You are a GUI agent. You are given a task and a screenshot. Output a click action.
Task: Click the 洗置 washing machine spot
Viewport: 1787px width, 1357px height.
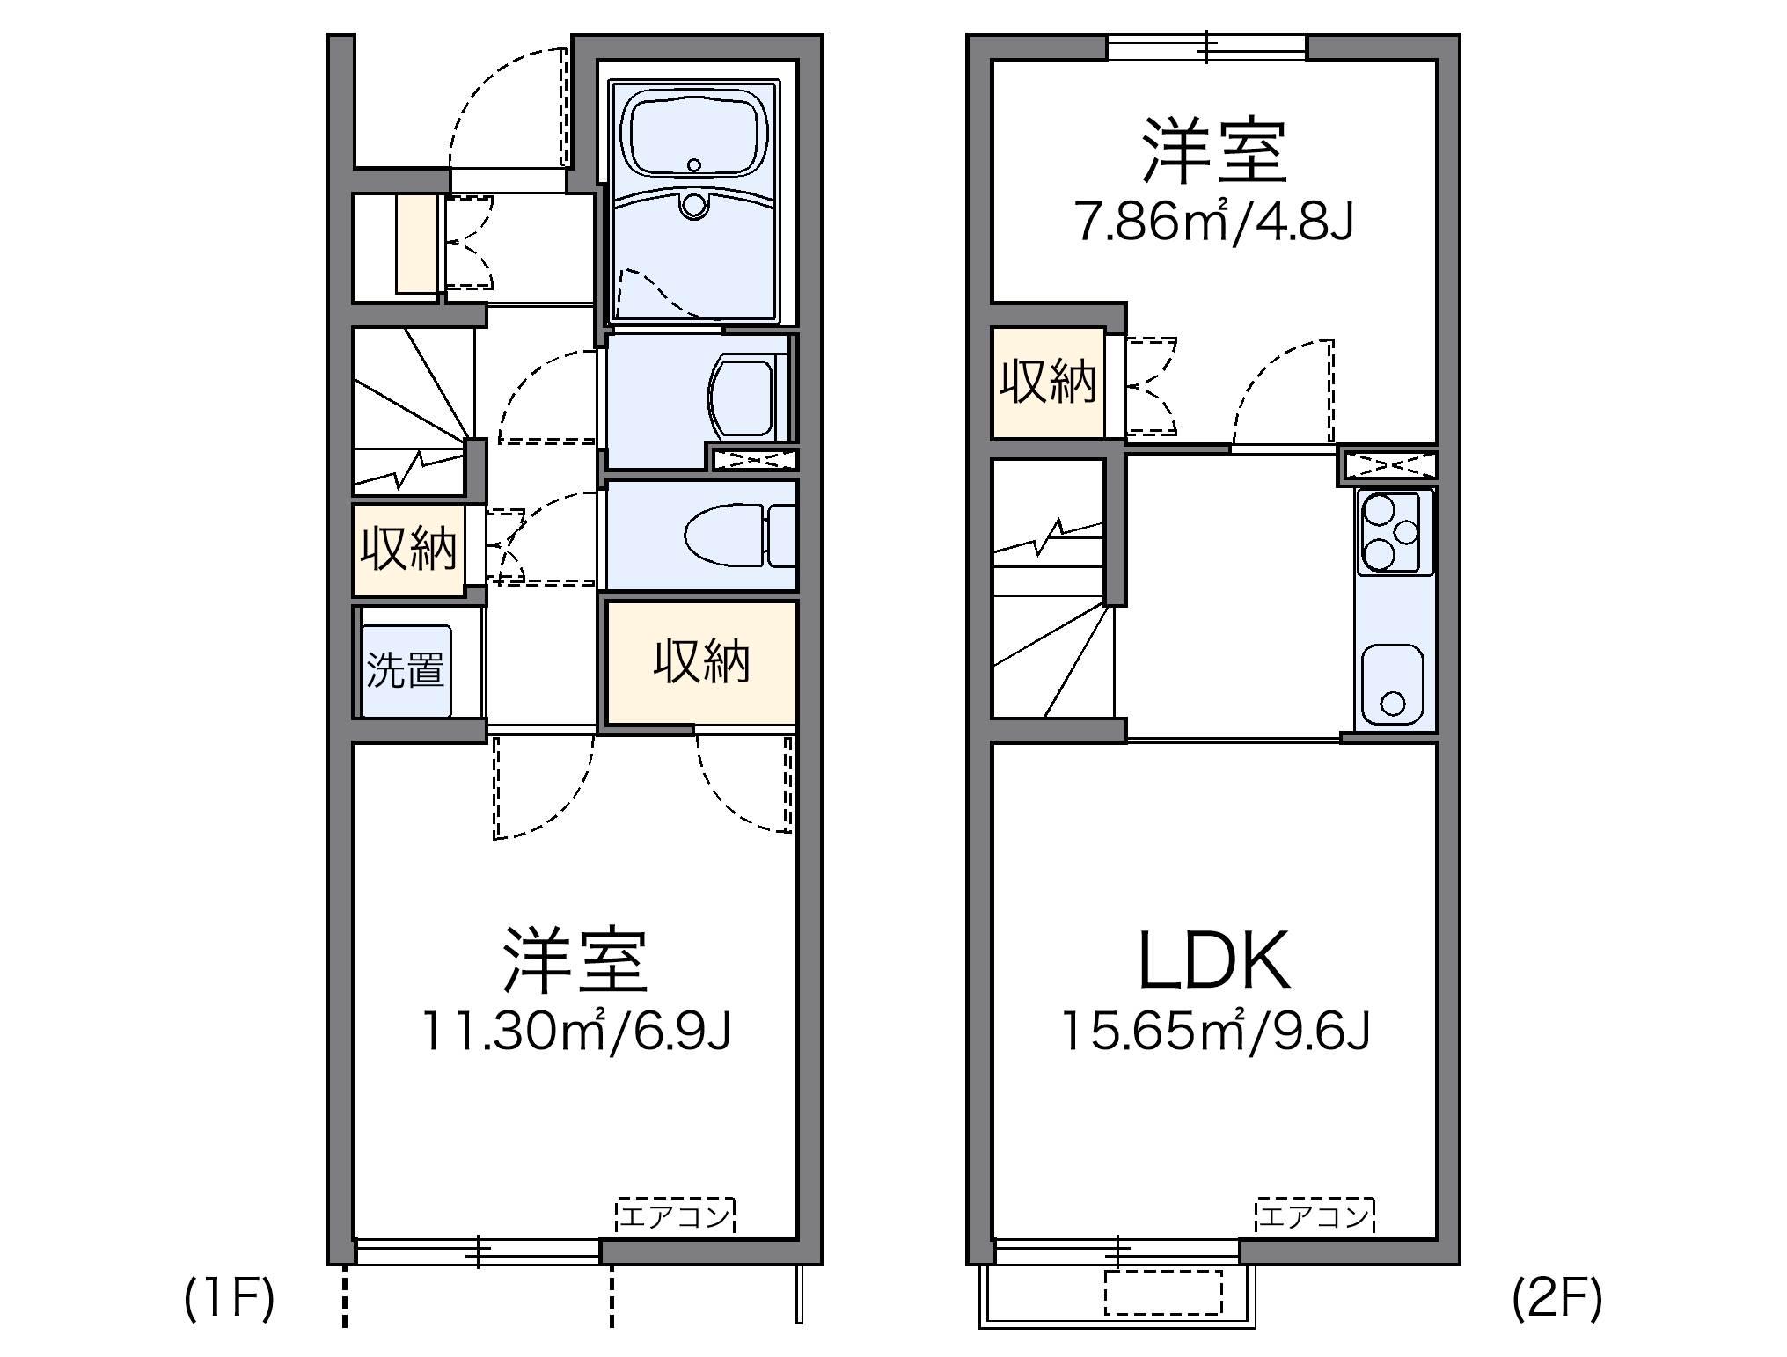406,670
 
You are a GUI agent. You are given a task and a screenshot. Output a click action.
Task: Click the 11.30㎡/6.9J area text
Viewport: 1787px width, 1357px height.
576,1031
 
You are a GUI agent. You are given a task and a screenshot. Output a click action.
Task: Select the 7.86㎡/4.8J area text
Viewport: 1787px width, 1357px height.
1213,222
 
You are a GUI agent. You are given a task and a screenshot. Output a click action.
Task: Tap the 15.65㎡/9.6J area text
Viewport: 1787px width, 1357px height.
1216,1031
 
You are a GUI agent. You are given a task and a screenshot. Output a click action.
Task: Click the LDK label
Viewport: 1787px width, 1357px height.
1214,961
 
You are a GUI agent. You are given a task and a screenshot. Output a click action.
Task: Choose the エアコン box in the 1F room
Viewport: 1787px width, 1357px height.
675,1217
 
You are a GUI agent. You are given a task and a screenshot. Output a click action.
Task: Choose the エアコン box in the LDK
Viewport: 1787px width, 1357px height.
1315,1217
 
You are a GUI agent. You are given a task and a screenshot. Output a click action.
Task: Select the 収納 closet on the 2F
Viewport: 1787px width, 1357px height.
1047,383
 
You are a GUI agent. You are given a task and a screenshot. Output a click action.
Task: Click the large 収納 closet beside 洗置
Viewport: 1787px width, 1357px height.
701,662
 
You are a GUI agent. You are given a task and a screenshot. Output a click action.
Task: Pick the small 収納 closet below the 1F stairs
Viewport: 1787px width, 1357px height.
408,549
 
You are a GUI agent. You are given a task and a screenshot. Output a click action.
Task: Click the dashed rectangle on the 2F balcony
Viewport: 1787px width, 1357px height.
1163,1292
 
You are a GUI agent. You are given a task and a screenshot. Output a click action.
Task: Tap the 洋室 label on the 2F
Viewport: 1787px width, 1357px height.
1214,151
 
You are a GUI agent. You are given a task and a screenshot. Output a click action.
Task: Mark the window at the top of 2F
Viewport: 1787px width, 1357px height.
1206,47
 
